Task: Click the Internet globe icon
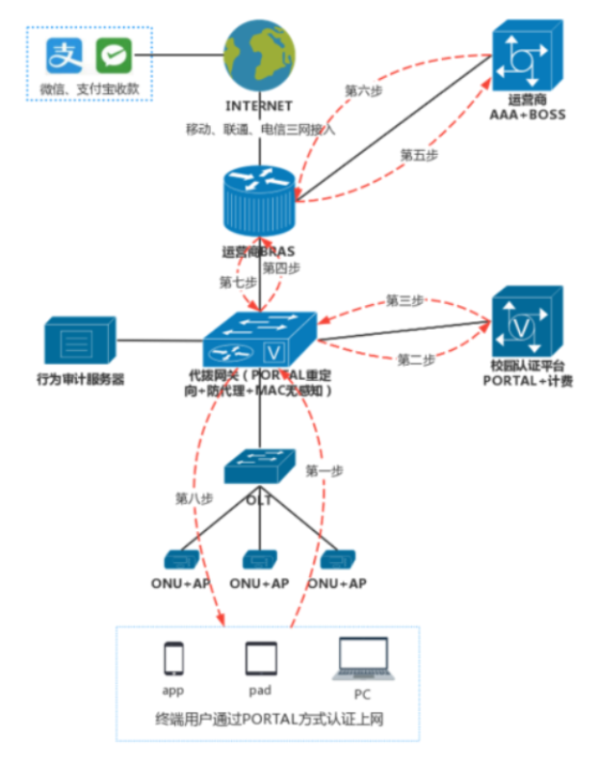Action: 257,57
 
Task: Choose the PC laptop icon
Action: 362,661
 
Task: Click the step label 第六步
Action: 364,89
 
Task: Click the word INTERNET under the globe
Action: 257,106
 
